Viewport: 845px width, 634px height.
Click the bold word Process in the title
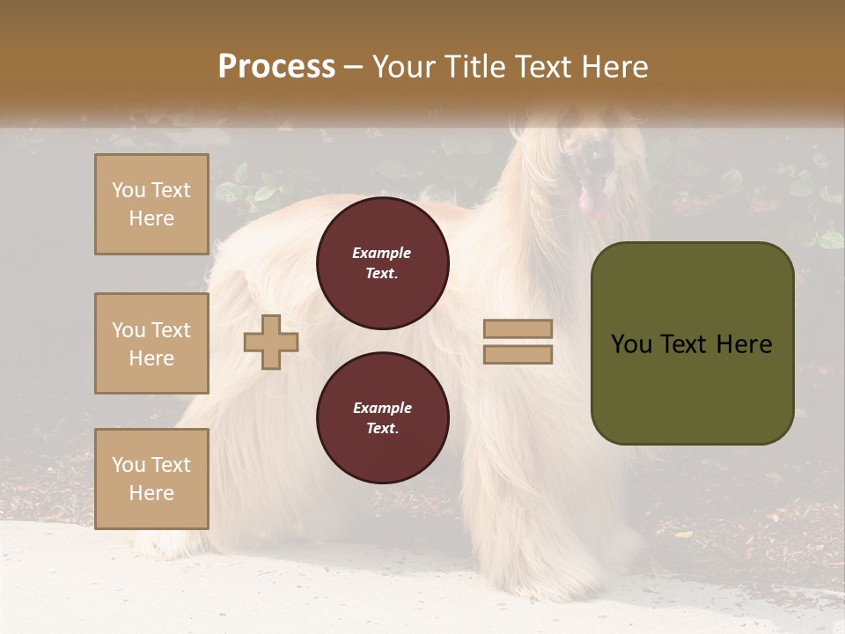click(276, 67)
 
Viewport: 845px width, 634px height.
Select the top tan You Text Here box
click(151, 204)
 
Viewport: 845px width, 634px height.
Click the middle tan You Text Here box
click(151, 343)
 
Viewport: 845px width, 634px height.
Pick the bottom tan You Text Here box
click(151, 479)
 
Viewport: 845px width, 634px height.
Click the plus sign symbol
click(271, 342)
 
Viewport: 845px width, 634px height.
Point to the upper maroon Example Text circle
click(383, 263)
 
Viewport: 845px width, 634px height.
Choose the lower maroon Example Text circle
click(383, 418)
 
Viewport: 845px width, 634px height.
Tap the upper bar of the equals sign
click(518, 329)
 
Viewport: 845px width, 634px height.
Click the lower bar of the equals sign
click(518, 355)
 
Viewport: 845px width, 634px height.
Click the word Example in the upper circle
click(382, 254)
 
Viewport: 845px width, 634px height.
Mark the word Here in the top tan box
click(151, 218)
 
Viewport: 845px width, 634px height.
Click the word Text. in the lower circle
click(383, 429)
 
